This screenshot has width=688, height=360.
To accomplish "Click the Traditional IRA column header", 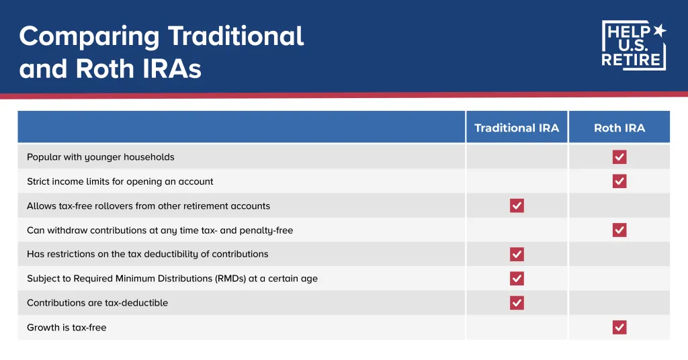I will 516,128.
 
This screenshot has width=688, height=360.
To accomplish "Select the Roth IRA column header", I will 619,128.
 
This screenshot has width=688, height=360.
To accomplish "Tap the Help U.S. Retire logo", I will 634,45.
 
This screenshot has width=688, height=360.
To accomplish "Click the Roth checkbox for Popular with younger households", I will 619,157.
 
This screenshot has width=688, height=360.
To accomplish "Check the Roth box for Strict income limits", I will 619,181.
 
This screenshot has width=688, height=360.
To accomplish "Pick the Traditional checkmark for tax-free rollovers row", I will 517,206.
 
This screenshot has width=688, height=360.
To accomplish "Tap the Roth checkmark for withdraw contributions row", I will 619,230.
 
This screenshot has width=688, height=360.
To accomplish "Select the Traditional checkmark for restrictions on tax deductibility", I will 517,255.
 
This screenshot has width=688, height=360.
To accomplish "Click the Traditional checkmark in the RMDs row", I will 517,279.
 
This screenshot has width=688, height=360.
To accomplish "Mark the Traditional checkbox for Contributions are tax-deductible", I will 517,303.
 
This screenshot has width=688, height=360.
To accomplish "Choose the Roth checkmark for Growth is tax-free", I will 619,328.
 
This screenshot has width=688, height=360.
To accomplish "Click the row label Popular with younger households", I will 100,157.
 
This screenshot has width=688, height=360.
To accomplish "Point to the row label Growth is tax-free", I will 67,328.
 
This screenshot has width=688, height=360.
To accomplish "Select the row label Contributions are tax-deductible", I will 97,303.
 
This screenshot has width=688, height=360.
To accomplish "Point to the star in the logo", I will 659,30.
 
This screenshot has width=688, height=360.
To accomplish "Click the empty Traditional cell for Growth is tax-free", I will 517,328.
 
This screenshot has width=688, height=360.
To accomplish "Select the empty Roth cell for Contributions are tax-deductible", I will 619,303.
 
